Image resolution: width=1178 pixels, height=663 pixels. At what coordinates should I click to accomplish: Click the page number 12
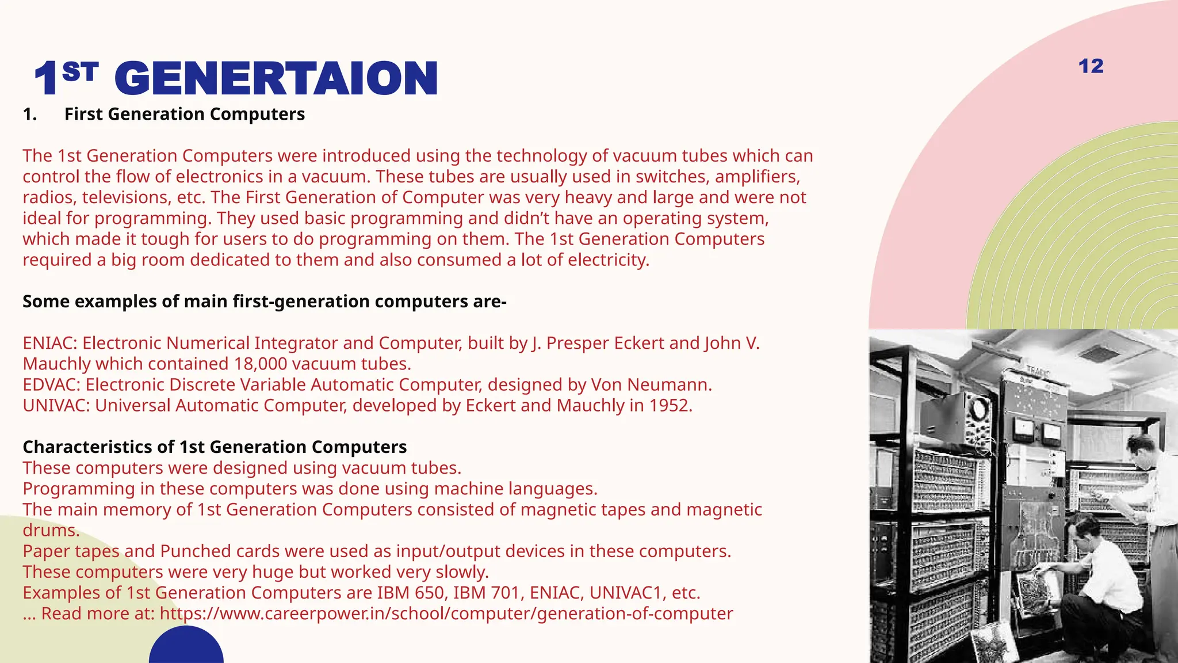point(1091,66)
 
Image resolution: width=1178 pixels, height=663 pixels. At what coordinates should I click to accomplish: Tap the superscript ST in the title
point(80,72)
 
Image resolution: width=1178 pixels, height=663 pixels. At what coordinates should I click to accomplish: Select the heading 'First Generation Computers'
point(184,114)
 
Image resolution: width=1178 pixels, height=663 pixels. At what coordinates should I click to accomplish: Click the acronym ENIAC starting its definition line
point(49,343)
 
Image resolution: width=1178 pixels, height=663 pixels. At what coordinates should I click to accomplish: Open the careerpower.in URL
point(446,614)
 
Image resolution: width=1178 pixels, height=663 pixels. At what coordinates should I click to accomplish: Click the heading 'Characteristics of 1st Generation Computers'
point(215,447)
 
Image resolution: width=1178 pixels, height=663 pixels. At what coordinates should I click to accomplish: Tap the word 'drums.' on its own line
point(51,530)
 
